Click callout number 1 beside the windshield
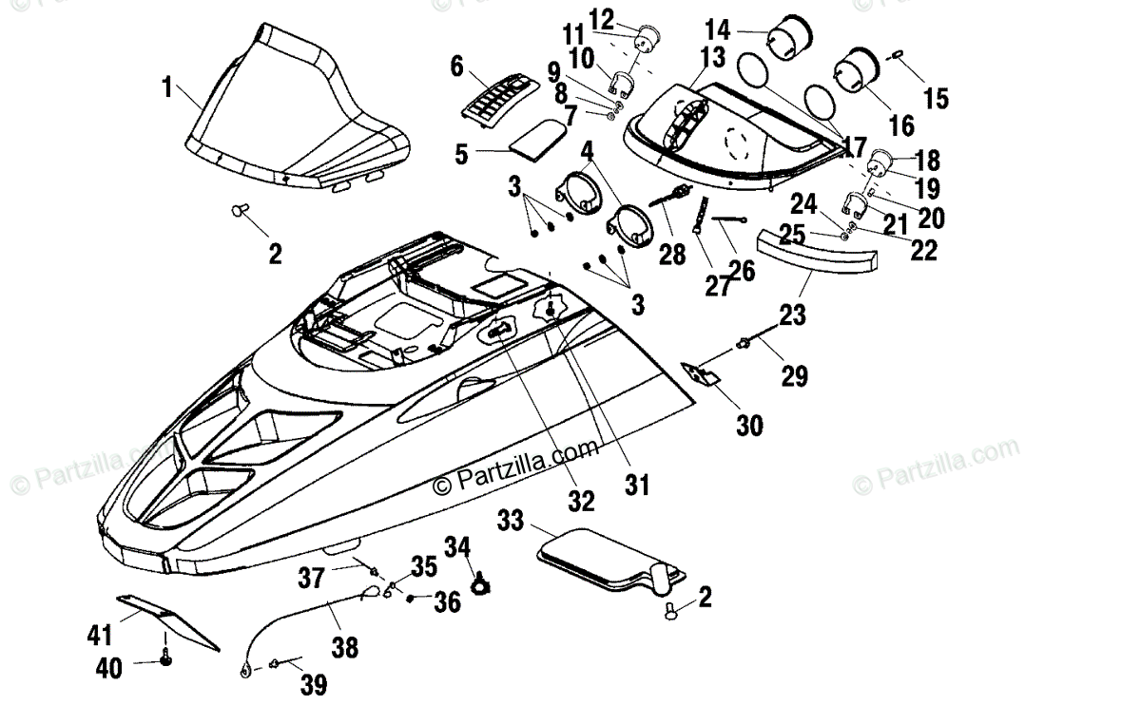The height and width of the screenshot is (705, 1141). (x=167, y=88)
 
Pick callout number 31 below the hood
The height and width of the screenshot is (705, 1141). (x=636, y=486)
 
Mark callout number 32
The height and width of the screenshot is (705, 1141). (x=582, y=500)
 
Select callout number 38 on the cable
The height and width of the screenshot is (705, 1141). (x=345, y=647)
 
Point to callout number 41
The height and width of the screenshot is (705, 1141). (x=101, y=633)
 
